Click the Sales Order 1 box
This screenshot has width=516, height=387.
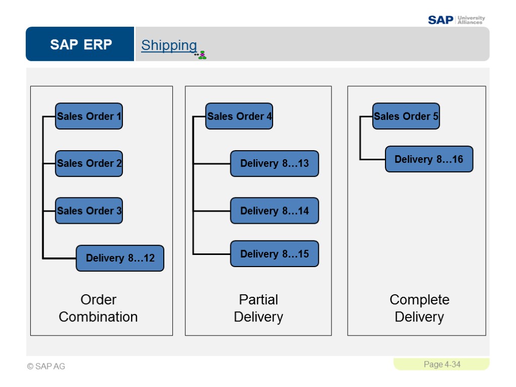89,116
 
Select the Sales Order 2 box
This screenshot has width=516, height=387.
89,163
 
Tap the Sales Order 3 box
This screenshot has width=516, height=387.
89,211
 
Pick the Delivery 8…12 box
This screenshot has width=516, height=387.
120,258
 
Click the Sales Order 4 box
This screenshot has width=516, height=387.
239,116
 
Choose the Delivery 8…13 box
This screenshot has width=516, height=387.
274,163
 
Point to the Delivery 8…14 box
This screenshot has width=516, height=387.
274,211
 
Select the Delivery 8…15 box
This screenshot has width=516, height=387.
274,254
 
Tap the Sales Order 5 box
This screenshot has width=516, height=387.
406,116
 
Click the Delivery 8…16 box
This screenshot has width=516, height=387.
429,159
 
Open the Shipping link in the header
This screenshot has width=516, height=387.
169,45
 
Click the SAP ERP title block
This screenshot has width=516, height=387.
81,44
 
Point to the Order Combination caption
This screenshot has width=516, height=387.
98,308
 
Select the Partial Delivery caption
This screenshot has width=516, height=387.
259,308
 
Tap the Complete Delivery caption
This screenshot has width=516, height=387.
419,308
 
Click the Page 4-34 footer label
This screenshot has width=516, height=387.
442,364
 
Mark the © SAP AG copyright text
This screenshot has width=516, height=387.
46,366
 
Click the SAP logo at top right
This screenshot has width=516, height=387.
440,20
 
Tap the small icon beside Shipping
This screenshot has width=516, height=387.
201,55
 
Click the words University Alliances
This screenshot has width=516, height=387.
471,20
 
